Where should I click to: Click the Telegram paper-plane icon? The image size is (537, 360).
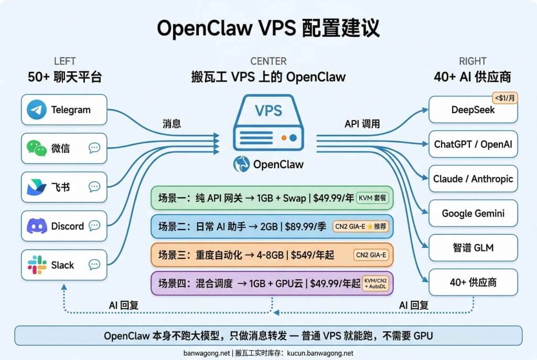pos(37,110)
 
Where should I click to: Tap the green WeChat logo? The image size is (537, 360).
pos(37,148)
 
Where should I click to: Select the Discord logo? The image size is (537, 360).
pos(37,226)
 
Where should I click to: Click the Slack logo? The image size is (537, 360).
pos(37,265)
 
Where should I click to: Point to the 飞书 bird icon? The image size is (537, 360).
pos(37,187)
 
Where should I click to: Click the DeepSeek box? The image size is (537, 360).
pos(473,110)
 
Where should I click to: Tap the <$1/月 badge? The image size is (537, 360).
pos(504,97)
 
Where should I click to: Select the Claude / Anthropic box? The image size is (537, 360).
pos(473,179)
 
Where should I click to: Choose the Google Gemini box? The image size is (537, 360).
pos(473,214)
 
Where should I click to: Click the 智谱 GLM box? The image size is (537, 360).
pos(473,248)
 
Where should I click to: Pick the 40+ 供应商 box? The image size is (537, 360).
pos(473,283)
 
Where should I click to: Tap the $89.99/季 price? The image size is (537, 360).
pos(308,226)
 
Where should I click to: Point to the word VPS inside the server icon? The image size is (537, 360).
pos(268,111)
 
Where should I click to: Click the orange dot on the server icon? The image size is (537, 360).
pos(284,138)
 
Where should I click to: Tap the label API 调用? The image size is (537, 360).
pos(362,124)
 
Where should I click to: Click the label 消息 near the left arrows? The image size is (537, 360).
pos(172,124)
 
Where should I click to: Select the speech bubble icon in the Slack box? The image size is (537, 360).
pos(94,265)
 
